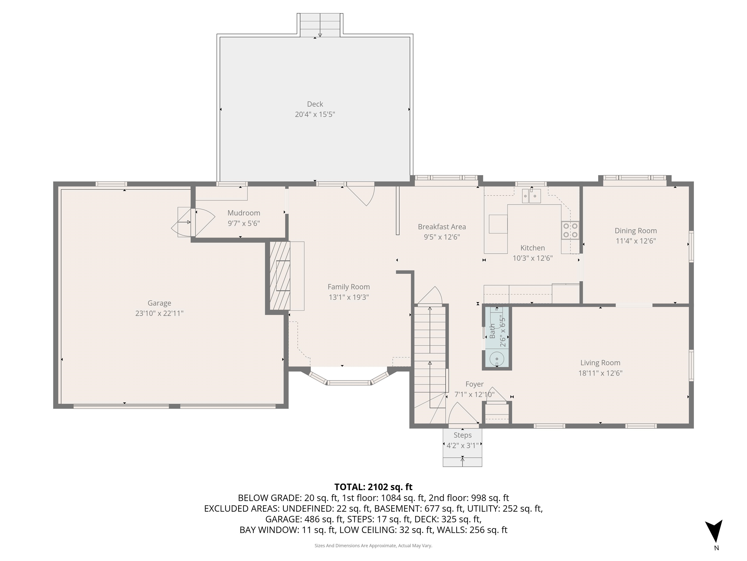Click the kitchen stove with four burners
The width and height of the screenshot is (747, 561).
(570, 230)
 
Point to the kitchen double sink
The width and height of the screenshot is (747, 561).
(531, 196)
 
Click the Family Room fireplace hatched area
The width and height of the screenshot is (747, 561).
(280, 276)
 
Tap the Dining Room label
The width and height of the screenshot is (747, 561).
(636, 231)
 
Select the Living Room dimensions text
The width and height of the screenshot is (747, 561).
(600, 373)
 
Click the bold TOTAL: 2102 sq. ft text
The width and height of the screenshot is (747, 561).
(373, 487)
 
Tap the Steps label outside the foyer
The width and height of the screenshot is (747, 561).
(462, 435)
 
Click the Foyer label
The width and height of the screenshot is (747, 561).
(474, 384)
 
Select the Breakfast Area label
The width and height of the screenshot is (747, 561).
(442, 227)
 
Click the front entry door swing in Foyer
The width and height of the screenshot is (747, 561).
(461, 414)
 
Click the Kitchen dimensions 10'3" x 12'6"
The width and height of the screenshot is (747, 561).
(533, 258)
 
